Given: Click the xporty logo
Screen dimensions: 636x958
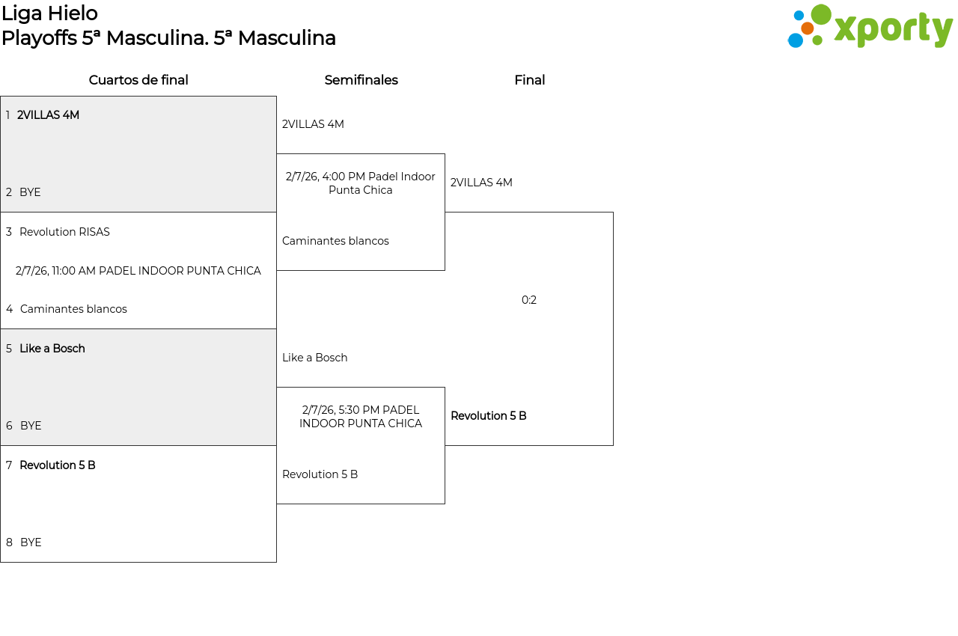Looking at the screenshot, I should (x=870, y=28).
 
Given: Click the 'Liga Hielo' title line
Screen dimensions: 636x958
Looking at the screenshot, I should (x=49, y=13).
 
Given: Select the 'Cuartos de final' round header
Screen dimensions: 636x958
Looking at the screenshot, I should (x=138, y=80).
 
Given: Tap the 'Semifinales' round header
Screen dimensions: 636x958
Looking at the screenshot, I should (x=361, y=80).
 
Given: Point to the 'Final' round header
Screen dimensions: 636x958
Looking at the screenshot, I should (x=529, y=80).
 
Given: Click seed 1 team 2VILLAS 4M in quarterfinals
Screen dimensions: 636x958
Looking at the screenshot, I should (x=48, y=115).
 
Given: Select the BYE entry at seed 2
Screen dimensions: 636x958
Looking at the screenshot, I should (x=30, y=192).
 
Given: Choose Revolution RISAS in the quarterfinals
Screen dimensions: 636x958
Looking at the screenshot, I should (x=64, y=232).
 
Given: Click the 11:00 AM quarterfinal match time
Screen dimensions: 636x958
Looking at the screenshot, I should (x=138, y=271).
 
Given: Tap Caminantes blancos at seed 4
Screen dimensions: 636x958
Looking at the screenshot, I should (x=73, y=309).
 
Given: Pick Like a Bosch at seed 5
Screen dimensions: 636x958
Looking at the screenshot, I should (x=52, y=349).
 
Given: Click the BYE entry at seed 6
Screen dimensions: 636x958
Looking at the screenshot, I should (x=31, y=426).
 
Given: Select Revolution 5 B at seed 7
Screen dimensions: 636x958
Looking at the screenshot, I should (x=58, y=465).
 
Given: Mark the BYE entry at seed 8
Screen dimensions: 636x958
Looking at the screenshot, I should (x=31, y=542).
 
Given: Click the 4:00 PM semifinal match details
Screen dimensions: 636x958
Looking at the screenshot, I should (x=361, y=183).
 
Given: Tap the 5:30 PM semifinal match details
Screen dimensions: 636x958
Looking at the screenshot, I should (x=361, y=417).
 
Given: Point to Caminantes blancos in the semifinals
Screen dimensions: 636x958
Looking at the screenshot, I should (x=335, y=241).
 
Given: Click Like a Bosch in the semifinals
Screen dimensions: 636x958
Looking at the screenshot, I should (x=315, y=358).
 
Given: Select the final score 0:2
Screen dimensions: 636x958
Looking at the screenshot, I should (x=529, y=300).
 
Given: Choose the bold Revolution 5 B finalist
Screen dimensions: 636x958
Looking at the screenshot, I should (x=489, y=416).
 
